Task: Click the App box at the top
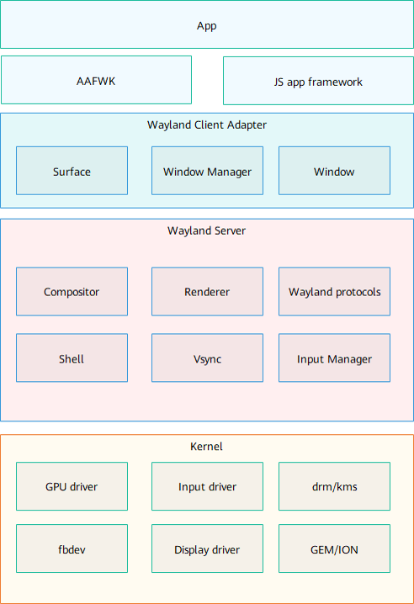pyautogui.click(x=207, y=24)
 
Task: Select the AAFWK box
pyautogui.click(x=97, y=80)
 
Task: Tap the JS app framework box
pyautogui.click(x=318, y=81)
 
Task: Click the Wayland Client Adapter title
pyautogui.click(x=207, y=125)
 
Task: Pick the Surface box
pyautogui.click(x=72, y=171)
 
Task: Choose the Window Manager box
pyautogui.click(x=207, y=171)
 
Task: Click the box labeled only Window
pyautogui.click(x=334, y=171)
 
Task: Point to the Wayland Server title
pyautogui.click(x=207, y=230)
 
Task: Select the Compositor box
pyautogui.click(x=72, y=292)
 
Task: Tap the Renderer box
pyautogui.click(x=207, y=292)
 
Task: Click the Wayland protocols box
pyautogui.click(x=334, y=292)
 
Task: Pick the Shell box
pyautogui.click(x=72, y=358)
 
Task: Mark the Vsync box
pyautogui.click(x=207, y=358)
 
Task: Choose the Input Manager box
pyautogui.click(x=334, y=358)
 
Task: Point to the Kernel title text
pyautogui.click(x=207, y=447)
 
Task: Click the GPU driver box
pyautogui.click(x=72, y=486)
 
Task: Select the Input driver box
pyautogui.click(x=207, y=486)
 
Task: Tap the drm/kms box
pyautogui.click(x=334, y=486)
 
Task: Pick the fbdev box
pyautogui.click(x=72, y=548)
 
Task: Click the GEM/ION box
pyautogui.click(x=334, y=548)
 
